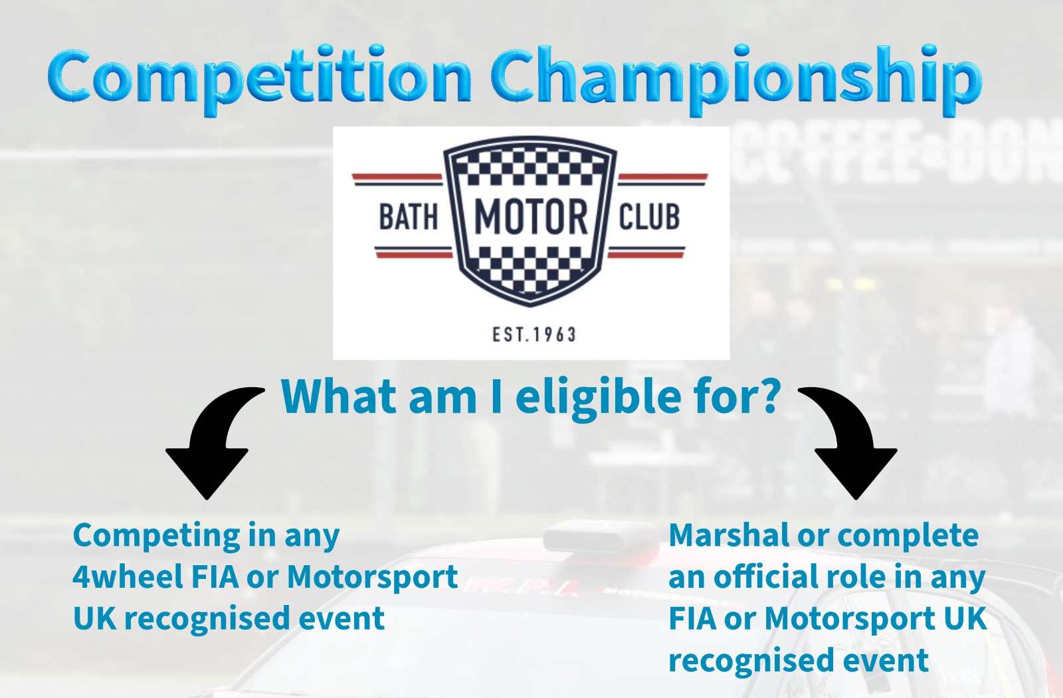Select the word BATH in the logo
408,217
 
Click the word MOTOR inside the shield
531,217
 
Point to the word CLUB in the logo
649,217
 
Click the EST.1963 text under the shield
534,335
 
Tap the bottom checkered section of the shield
530,268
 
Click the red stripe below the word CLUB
646,255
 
